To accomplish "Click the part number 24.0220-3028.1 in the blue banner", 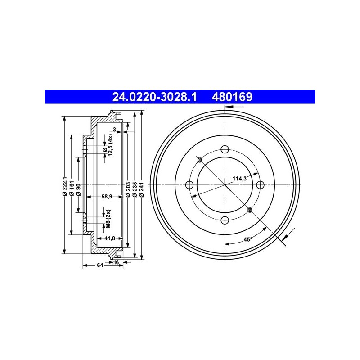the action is coord(154,97).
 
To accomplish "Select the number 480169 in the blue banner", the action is coord(232,97).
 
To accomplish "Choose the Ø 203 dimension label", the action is coord(128,189).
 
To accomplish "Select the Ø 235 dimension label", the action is coord(135,189).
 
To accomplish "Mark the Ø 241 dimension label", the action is coord(142,189).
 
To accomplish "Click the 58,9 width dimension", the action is coord(107,197).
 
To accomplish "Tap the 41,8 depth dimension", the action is coord(110,238).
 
